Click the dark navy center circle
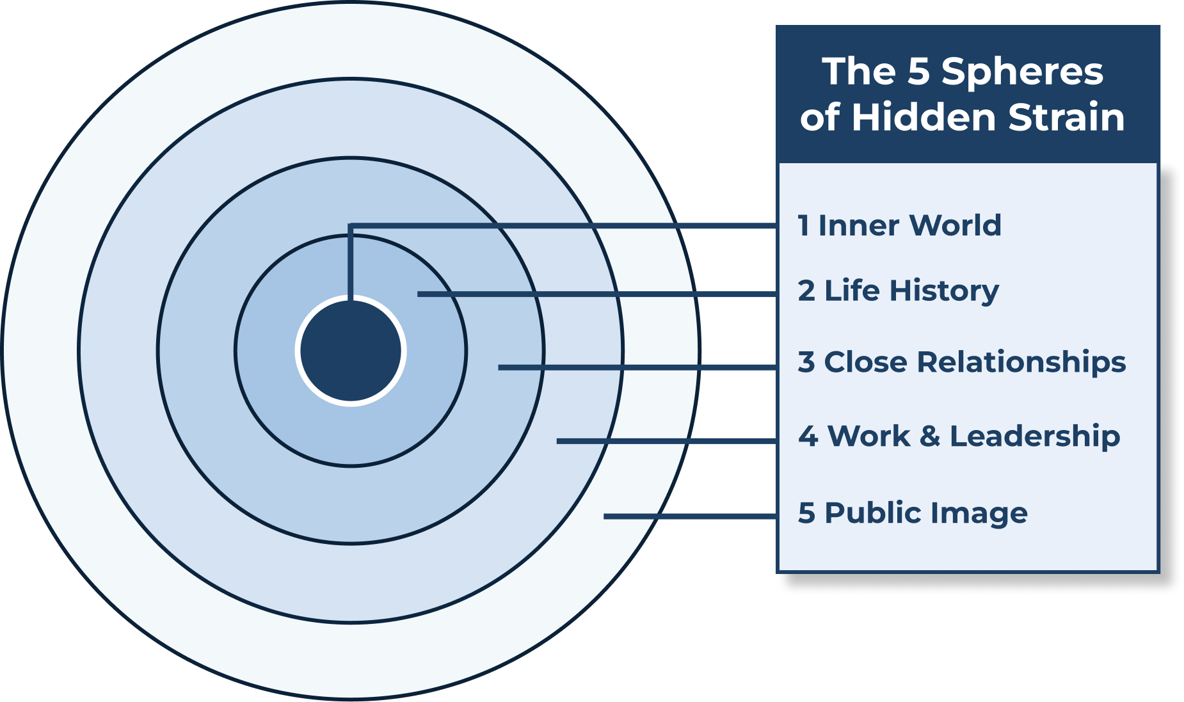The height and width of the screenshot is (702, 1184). (x=351, y=351)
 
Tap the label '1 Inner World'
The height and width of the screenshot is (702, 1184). (x=899, y=225)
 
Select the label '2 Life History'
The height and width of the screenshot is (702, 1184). (x=898, y=291)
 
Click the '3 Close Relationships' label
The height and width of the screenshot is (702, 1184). (x=961, y=362)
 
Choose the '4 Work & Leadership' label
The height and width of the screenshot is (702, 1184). (x=959, y=436)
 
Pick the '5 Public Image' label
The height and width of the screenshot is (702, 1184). (x=913, y=513)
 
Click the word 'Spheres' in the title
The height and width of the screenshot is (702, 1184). (x=1022, y=71)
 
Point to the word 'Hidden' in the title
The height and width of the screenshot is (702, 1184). (x=924, y=117)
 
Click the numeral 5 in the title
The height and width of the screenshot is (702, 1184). (x=918, y=71)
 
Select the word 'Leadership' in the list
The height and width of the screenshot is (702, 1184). (x=1035, y=436)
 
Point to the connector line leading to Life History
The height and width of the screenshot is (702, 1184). (x=595, y=294)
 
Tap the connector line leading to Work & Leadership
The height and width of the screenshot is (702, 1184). (x=666, y=441)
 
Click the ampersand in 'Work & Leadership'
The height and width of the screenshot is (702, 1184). (x=929, y=436)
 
